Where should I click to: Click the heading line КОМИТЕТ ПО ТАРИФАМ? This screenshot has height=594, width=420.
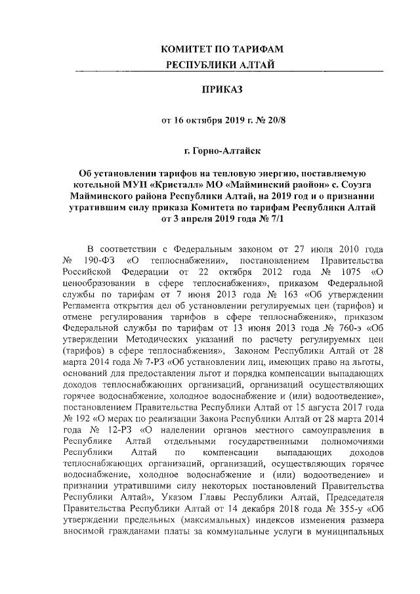tap(222, 49)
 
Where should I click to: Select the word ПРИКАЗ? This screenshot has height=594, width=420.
tap(222, 91)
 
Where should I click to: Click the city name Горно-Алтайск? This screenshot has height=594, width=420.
tap(227, 152)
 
